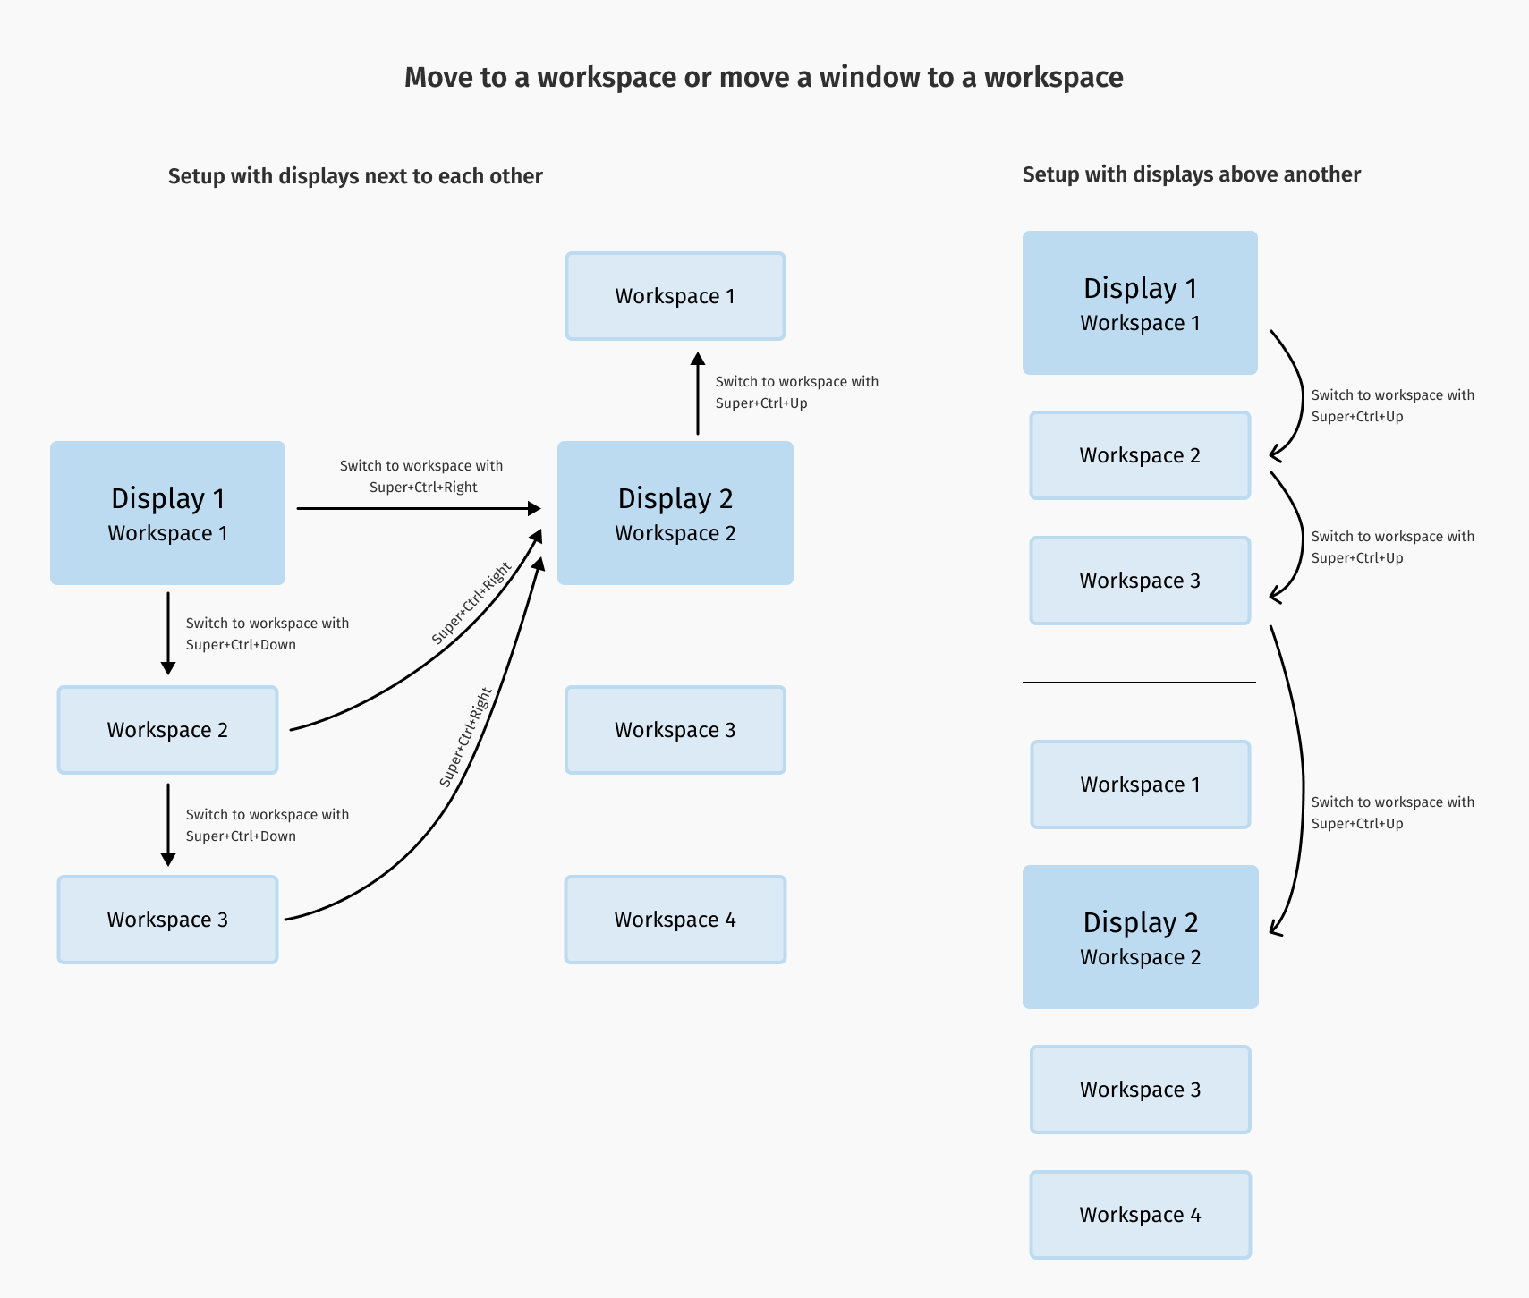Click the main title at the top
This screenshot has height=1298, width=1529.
click(763, 78)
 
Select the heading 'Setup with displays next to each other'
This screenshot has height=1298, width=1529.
click(355, 176)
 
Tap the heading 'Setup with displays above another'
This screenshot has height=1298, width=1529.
click(1191, 174)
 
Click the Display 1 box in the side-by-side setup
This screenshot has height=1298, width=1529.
click(167, 513)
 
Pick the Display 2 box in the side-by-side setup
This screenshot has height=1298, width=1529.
click(675, 513)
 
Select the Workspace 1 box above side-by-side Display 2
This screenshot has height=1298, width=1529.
click(675, 296)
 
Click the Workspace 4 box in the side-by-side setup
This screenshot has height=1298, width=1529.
click(675, 920)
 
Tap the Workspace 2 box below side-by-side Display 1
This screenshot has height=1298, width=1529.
click(167, 730)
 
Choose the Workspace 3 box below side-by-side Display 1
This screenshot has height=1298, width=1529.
click(167, 920)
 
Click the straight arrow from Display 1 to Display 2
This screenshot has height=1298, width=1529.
click(419, 508)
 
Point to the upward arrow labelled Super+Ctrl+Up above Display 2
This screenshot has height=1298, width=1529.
click(698, 394)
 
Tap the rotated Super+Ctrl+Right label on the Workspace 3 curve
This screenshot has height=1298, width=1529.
click(466, 737)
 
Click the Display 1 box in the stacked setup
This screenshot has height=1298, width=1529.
click(1140, 302)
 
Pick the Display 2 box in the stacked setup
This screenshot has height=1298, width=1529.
click(1140, 937)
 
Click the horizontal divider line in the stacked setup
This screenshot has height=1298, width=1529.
click(1139, 682)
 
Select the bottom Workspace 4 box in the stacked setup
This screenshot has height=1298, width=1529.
click(1140, 1215)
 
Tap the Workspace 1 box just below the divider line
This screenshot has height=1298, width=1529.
click(1140, 785)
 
